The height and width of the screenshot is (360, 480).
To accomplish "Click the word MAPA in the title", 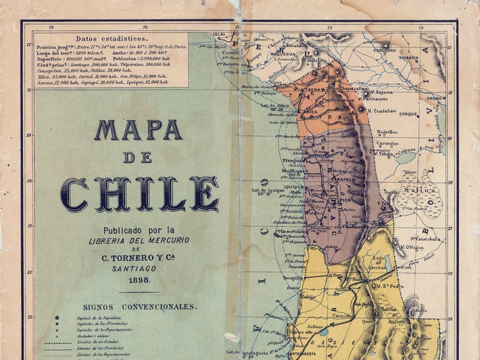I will (138, 130).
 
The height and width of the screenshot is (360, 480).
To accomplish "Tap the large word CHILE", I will (139, 193).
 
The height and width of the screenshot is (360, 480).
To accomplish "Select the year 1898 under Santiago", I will (138, 280).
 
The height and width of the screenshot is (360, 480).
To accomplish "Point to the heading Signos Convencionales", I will (140, 307).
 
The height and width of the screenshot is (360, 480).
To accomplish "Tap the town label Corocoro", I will (384, 50).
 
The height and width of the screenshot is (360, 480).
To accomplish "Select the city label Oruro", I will (435, 98).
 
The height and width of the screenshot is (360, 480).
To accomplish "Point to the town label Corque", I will (409, 114).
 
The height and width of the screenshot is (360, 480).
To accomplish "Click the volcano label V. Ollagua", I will (411, 247).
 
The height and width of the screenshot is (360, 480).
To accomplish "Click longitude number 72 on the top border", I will (329, 28).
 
